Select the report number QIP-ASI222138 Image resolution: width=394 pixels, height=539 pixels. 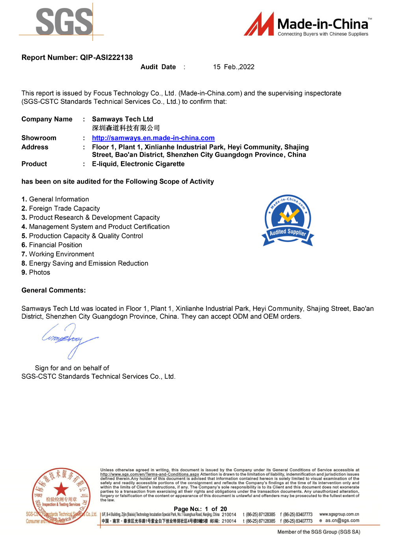point(106,57)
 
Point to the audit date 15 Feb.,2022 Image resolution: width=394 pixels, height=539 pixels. point(234,67)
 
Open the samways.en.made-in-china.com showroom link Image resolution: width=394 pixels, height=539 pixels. point(153,138)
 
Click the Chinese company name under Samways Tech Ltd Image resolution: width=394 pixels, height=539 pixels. point(126,128)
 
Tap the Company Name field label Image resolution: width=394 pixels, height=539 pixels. point(47,119)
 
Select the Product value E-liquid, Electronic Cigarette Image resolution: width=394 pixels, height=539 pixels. point(138,164)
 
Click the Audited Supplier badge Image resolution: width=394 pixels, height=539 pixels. point(288,220)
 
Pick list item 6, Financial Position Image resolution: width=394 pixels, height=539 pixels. point(55,245)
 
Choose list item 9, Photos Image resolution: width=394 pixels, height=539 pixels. point(39,273)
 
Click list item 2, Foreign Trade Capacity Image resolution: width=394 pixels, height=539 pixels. point(64,209)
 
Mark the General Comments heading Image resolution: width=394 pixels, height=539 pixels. point(54,290)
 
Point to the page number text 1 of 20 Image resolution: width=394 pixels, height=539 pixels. point(216,509)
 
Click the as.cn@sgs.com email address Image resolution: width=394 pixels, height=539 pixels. point(342,521)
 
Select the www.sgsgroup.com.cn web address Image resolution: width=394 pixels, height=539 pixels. point(339,514)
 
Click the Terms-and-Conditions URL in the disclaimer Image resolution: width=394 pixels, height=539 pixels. point(150,474)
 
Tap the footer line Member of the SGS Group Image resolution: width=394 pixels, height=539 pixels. point(319,532)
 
